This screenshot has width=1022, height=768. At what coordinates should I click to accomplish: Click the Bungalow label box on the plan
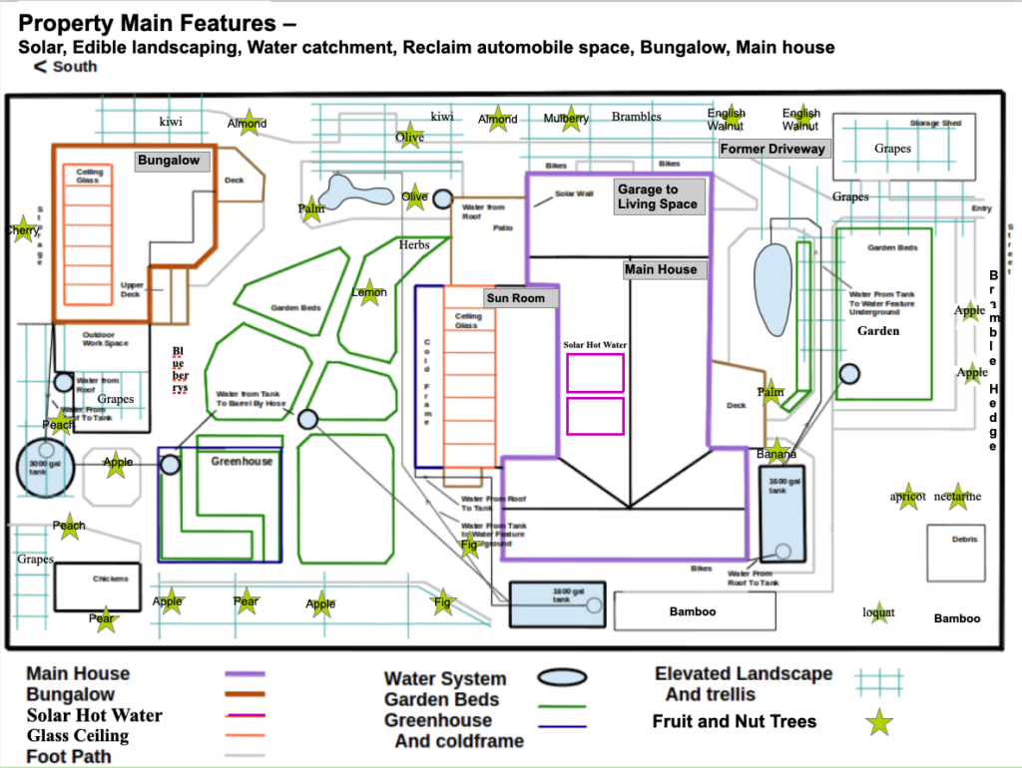169,161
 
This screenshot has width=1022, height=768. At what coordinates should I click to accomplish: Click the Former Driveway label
773,149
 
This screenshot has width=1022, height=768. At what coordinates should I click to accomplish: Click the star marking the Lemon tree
369,291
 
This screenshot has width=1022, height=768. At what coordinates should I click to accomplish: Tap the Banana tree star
776,452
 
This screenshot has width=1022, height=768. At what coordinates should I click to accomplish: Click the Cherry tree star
22,229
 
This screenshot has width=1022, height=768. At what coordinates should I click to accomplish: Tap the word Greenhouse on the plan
241,462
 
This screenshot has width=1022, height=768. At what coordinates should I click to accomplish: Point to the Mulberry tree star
567,119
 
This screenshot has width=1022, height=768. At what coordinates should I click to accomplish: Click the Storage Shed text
935,124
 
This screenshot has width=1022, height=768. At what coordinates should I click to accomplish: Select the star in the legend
878,722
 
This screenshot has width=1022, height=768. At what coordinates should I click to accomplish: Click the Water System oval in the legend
562,678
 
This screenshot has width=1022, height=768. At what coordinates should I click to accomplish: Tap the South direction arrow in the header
41,67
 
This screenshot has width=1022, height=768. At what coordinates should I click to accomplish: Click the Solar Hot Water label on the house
595,345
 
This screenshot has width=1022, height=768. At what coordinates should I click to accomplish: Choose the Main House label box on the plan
661,269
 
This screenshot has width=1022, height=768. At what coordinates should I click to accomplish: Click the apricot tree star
907,496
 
